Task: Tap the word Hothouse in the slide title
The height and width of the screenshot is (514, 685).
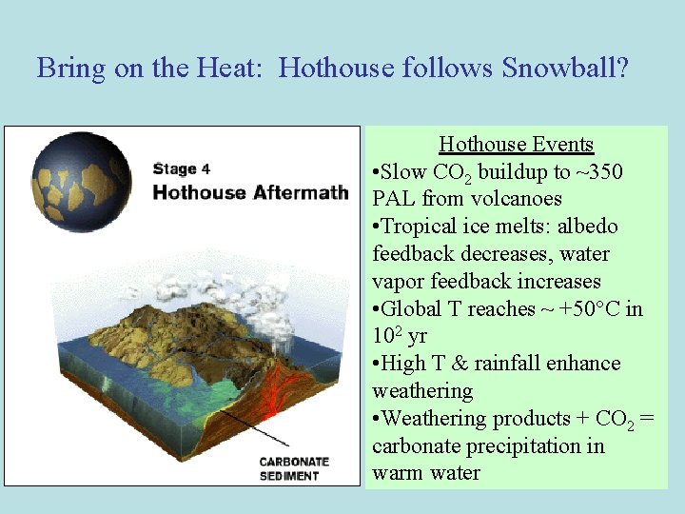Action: pyautogui.click(x=337, y=69)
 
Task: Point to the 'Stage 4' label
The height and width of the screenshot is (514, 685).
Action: pyautogui.click(x=181, y=169)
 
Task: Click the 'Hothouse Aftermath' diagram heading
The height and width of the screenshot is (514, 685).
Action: pyautogui.click(x=250, y=192)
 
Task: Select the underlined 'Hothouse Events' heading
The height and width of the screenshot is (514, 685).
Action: pyautogui.click(x=516, y=145)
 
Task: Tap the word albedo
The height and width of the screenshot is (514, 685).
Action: pyautogui.click(x=586, y=227)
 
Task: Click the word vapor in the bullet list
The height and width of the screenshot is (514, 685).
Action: pyautogui.click(x=398, y=282)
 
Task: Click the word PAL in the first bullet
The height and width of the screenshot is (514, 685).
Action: pyautogui.click(x=394, y=199)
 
